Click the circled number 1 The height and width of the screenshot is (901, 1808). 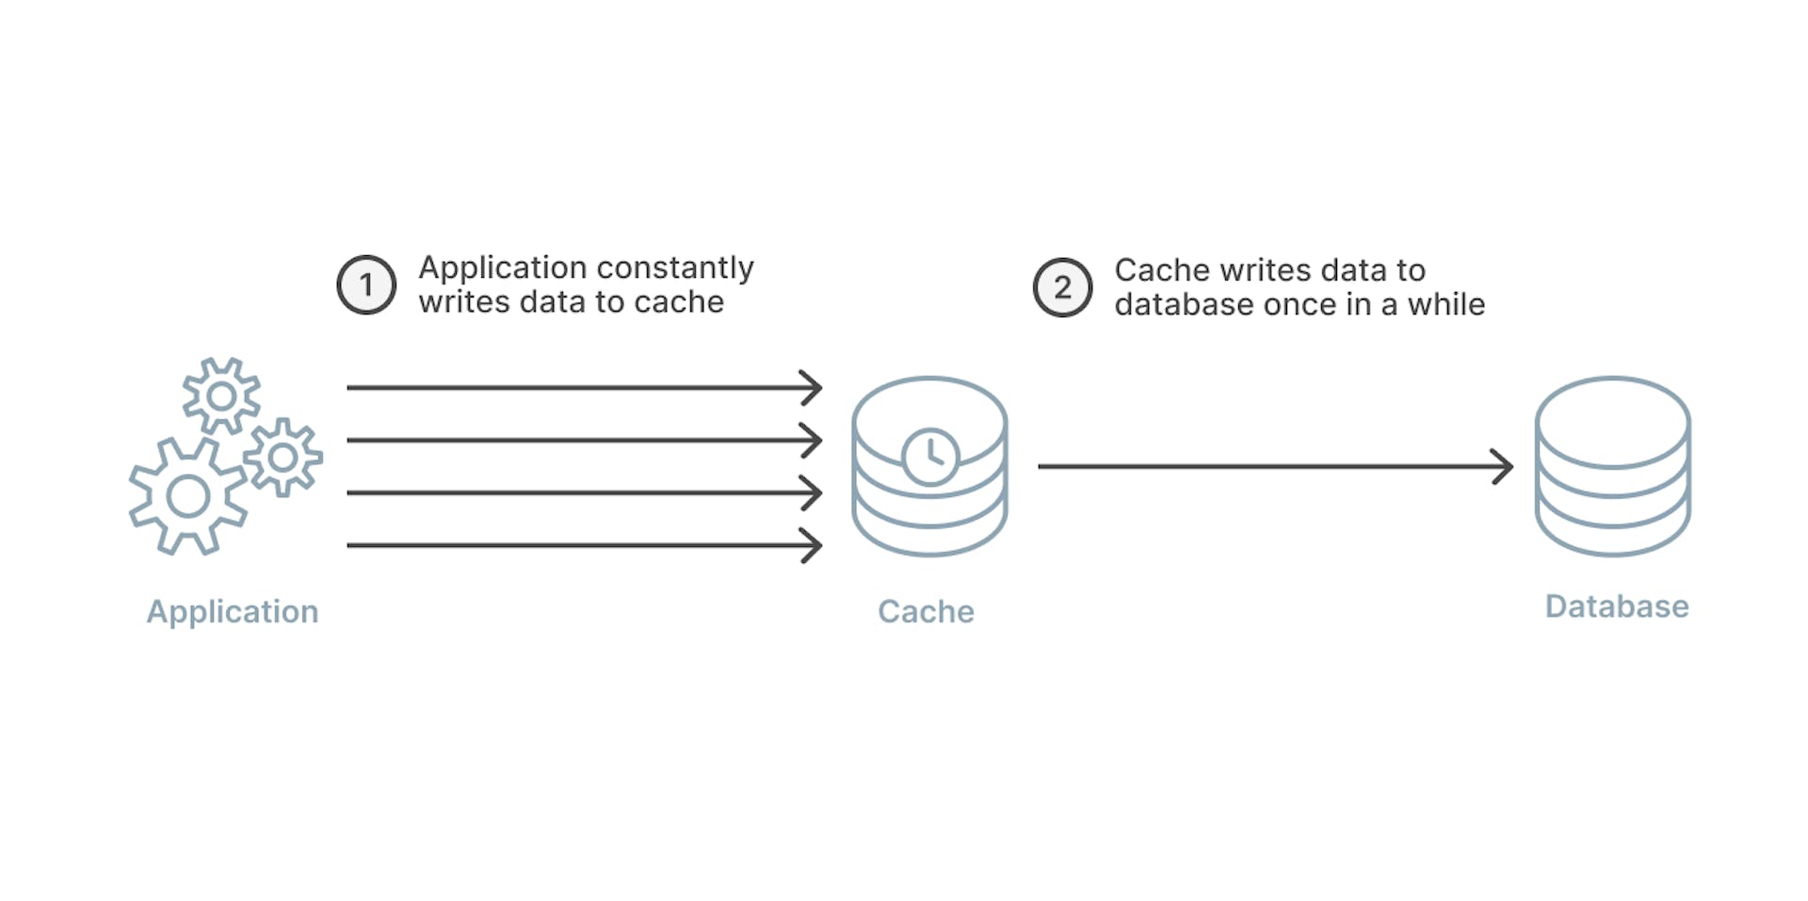click(x=366, y=285)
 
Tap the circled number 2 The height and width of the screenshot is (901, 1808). click(x=1062, y=288)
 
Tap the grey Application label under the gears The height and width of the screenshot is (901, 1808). click(x=233, y=612)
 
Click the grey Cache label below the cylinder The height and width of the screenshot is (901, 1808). click(x=926, y=612)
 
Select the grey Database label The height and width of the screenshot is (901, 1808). click(x=1617, y=606)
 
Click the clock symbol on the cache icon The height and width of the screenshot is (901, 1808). click(x=930, y=457)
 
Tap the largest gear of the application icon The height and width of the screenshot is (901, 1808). click(x=188, y=496)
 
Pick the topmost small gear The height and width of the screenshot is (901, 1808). click(x=221, y=395)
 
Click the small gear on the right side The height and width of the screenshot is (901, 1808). click(x=282, y=458)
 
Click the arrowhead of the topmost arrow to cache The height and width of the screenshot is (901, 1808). click(x=813, y=387)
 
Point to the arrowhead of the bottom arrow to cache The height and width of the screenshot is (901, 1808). click(x=813, y=545)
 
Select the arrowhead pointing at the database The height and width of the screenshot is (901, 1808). click(x=1503, y=466)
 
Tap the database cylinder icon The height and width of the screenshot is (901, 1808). click(x=1612, y=466)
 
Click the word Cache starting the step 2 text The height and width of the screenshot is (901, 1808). click(x=1162, y=270)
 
